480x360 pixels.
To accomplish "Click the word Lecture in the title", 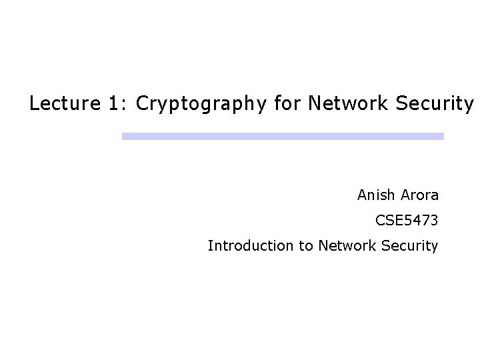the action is [59, 104].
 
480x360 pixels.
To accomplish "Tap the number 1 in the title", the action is [114, 104].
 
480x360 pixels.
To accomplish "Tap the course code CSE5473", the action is [407, 221].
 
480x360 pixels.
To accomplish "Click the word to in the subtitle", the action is [306, 246].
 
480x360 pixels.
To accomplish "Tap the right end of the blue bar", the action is [441, 136].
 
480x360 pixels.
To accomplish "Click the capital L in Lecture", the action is [33, 104].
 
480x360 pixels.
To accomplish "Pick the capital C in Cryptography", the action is [141, 104].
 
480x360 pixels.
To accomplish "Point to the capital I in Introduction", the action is [210, 245].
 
